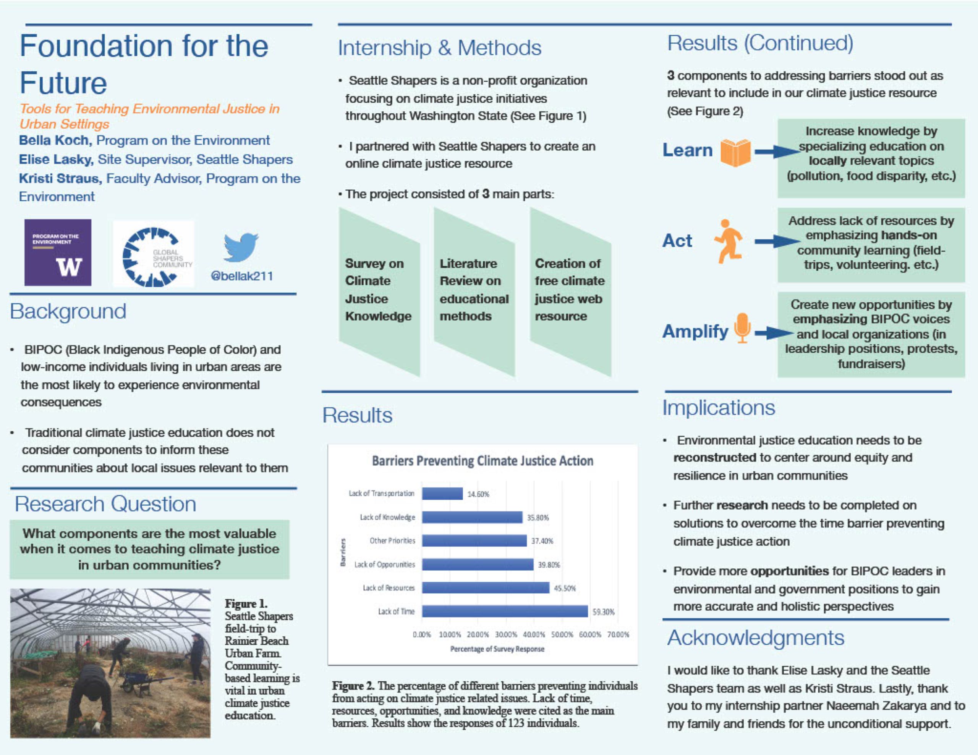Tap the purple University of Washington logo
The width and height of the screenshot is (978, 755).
tap(58, 252)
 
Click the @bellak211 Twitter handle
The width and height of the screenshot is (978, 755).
tap(242, 276)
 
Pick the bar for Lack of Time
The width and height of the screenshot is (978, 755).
tap(505, 611)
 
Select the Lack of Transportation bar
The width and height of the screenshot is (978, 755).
tap(442, 494)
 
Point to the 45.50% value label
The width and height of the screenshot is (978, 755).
tap(565, 588)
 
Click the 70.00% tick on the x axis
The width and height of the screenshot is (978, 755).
tap(618, 635)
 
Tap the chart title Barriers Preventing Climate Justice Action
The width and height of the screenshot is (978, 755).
tap(482, 461)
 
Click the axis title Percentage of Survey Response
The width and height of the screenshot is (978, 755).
tap(497, 649)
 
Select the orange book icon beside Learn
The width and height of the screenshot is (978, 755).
tap(735, 153)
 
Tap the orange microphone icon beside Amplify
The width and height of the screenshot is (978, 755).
tap(742, 328)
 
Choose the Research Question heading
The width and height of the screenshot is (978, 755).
tap(106, 504)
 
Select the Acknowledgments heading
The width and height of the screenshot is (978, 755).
tap(755, 638)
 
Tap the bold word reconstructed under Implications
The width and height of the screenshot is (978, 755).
tap(715, 458)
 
